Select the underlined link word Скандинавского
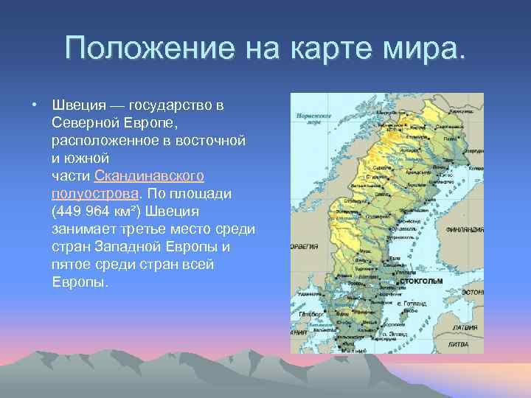pyautogui.click(x=149, y=176)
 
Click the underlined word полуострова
pyautogui.click(x=94, y=194)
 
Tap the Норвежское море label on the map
pyautogui.click(x=308, y=119)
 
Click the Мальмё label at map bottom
pyautogui.click(x=358, y=349)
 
